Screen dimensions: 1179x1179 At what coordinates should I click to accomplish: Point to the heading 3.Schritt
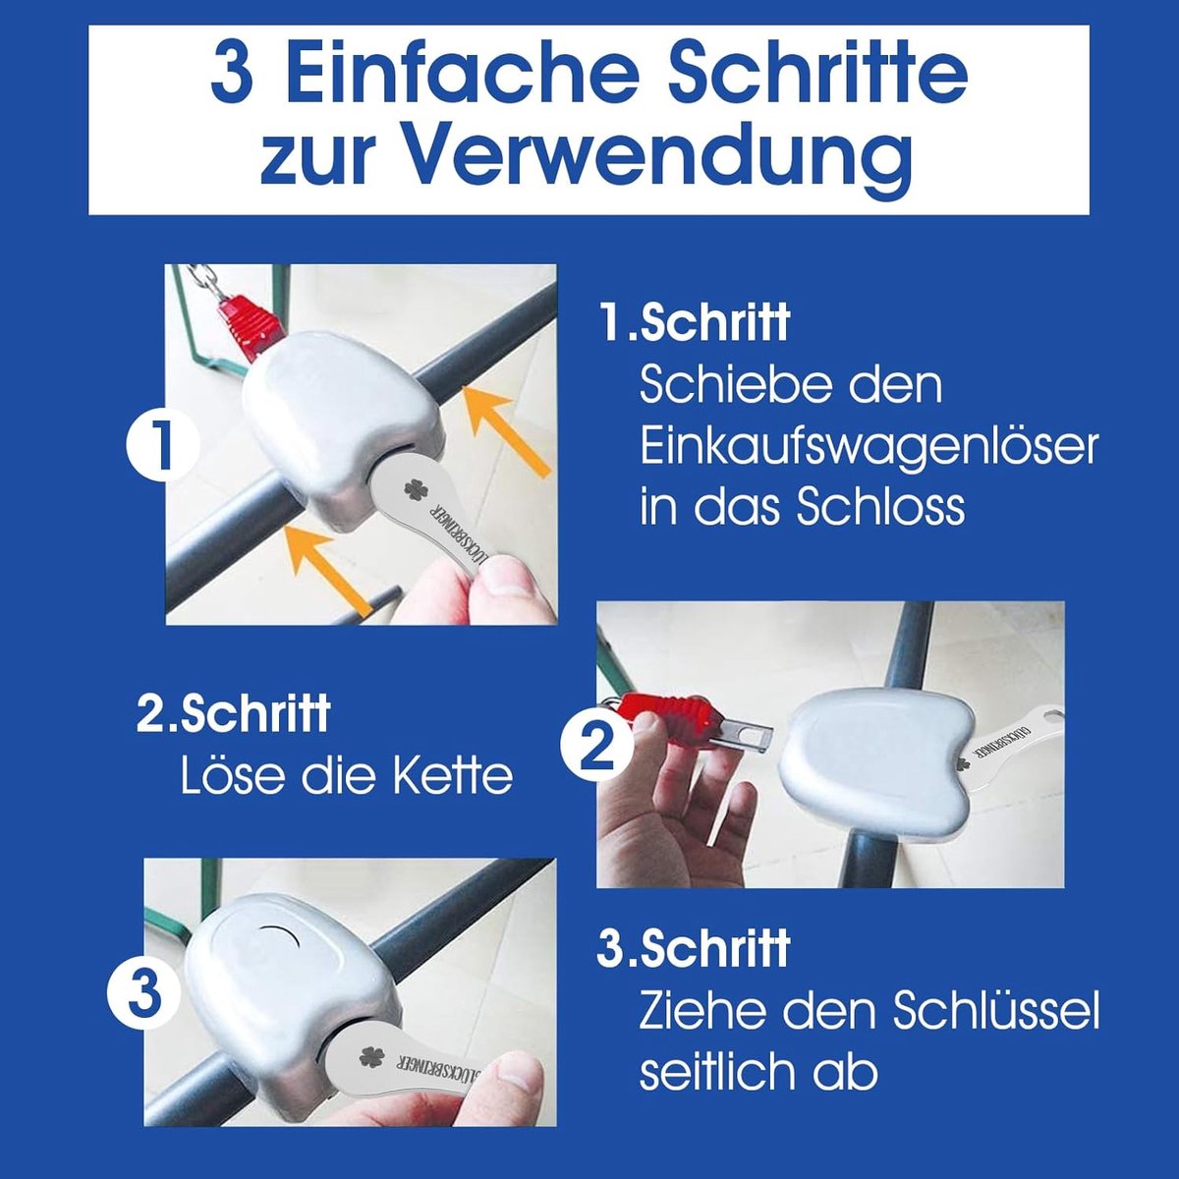pyautogui.click(x=694, y=946)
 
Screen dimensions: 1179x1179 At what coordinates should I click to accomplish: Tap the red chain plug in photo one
pyautogui.click(x=253, y=324)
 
